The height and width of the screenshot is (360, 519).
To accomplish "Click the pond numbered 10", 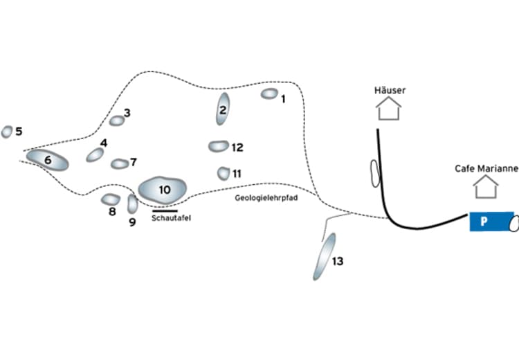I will [162, 189].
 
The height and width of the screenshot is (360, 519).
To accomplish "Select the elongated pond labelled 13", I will [324, 256].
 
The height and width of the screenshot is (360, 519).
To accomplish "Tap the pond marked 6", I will [48, 160].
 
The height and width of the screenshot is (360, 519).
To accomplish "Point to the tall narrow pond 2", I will [223, 109].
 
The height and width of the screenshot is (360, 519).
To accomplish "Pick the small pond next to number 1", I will [269, 93].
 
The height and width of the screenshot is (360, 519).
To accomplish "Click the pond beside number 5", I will [7, 132].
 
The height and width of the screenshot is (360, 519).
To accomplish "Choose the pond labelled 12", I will [219, 146].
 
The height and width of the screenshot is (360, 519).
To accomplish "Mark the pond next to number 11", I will [224, 173].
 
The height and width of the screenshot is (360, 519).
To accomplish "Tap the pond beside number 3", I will [117, 120].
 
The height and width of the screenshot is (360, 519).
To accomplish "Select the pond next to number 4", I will [95, 155].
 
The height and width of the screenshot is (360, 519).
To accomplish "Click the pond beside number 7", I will [120, 164].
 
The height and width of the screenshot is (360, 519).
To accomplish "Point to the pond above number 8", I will [111, 199].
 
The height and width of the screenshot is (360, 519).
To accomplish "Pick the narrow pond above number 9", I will [132, 204].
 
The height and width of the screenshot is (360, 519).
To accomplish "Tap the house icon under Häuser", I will [389, 108].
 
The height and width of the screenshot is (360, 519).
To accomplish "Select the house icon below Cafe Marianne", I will [486, 186].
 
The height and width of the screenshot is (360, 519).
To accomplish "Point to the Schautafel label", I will [170, 218].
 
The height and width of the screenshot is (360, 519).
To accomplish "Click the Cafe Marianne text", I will [486, 168].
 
